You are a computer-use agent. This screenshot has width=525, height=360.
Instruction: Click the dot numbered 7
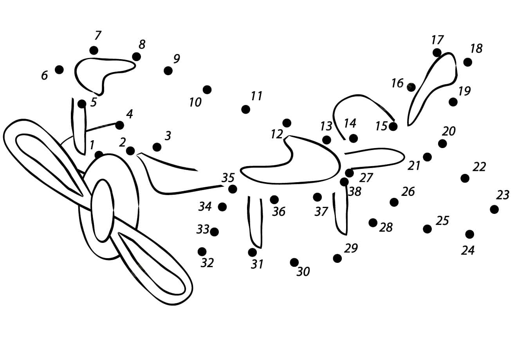pyautogui.click(x=94, y=50)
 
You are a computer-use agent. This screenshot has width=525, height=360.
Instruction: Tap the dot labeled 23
pyautogui.click(x=494, y=209)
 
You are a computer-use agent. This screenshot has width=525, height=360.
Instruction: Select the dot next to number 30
pyautogui.click(x=294, y=262)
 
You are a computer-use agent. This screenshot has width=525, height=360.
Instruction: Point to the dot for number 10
pyautogui.click(x=207, y=90)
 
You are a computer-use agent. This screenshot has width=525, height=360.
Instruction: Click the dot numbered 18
pyautogui.click(x=467, y=62)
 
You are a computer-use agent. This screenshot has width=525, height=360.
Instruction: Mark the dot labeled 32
pyautogui.click(x=202, y=251)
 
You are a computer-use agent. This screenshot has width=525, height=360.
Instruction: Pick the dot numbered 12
pyautogui.click(x=287, y=123)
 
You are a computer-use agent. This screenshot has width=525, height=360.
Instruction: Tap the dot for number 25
pyautogui.click(x=428, y=229)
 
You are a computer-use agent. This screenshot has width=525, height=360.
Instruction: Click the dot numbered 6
pyautogui.click(x=59, y=69)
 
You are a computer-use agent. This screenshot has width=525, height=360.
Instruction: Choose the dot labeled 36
pyautogui.click(x=274, y=200)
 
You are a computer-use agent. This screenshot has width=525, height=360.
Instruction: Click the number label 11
pyautogui.click(x=256, y=96)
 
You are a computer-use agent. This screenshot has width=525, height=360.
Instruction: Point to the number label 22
pyautogui.click(x=479, y=166)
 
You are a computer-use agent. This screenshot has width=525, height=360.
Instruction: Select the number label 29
pyautogui.click(x=351, y=248)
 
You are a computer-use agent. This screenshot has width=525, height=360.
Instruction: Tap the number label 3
pyautogui.click(x=168, y=136)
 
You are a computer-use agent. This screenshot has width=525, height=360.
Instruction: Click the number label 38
pyautogui.click(x=355, y=192)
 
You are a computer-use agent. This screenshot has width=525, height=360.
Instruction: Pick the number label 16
pyautogui.click(x=397, y=83)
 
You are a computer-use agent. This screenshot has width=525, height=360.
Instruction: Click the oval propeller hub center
pyautogui.click(x=103, y=210)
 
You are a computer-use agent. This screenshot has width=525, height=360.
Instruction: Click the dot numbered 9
pyautogui.click(x=168, y=71)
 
